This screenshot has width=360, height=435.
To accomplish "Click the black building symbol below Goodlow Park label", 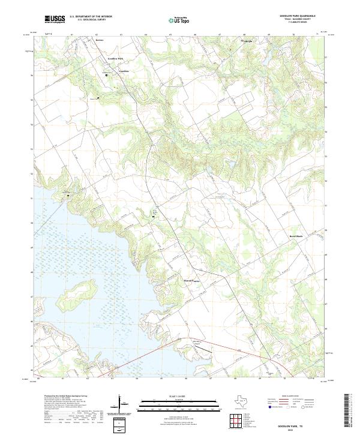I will click(x=107, y=75).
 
